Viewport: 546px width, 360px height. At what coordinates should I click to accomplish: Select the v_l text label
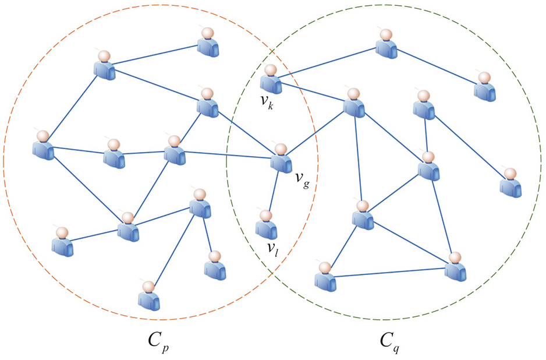tap(272, 249)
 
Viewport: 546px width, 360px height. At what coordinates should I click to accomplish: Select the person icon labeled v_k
tap(271, 79)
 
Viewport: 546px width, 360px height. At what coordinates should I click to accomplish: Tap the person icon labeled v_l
tap(267, 225)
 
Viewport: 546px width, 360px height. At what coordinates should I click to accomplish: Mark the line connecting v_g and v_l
tap(274, 191)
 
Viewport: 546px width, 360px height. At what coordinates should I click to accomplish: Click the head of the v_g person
tap(281, 150)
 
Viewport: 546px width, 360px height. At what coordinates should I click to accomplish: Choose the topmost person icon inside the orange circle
tap(208, 42)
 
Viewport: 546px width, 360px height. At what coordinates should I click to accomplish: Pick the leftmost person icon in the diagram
tap(43, 145)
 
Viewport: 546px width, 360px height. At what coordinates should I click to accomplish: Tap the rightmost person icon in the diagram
tap(511, 183)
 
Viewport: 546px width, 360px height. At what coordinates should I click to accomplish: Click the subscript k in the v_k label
tap(271, 105)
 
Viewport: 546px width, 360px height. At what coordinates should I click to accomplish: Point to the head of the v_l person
tap(266, 216)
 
